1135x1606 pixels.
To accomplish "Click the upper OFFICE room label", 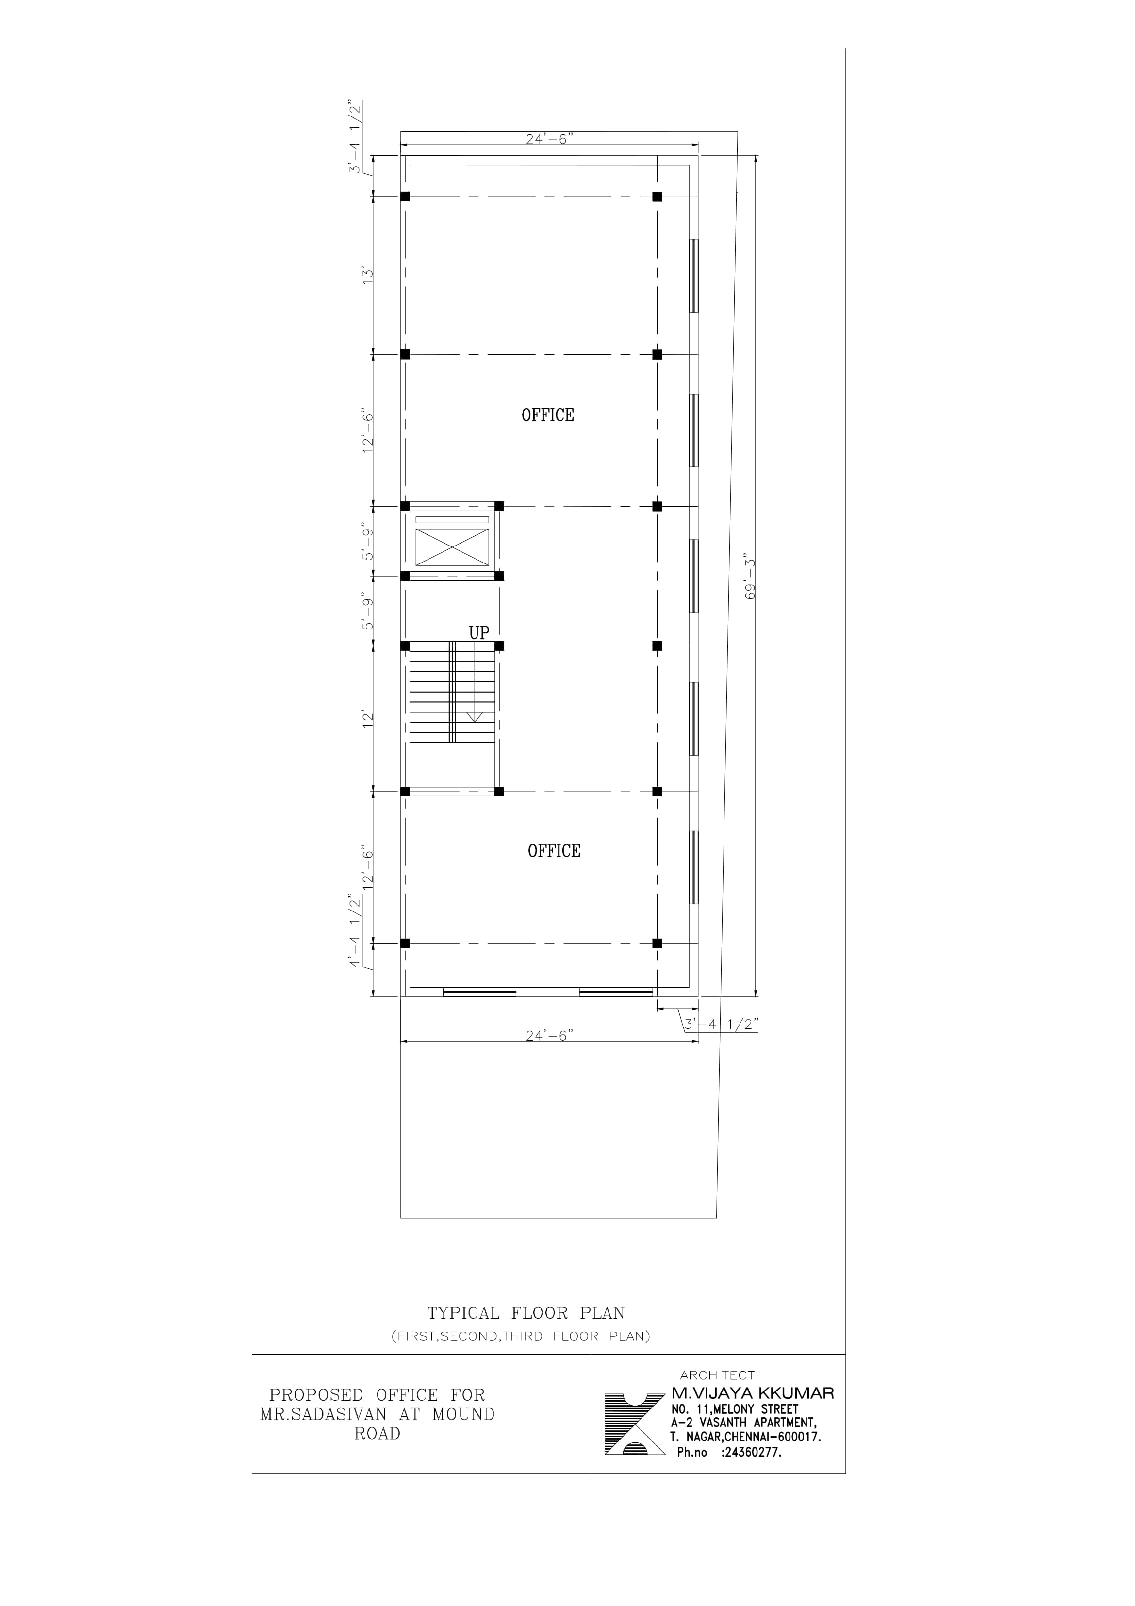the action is (x=547, y=415).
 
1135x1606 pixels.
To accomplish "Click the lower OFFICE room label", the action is (x=554, y=851).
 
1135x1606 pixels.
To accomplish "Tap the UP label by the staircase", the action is (x=479, y=633).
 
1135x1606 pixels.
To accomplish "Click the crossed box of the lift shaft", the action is (x=452, y=547).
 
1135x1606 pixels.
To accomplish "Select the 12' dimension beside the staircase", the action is (x=368, y=720).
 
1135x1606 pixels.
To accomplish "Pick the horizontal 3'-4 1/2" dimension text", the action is (x=721, y=1025).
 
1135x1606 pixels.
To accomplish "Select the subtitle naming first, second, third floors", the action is (x=521, y=1336).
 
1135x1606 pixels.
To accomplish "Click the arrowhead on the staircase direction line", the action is (x=475, y=717).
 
